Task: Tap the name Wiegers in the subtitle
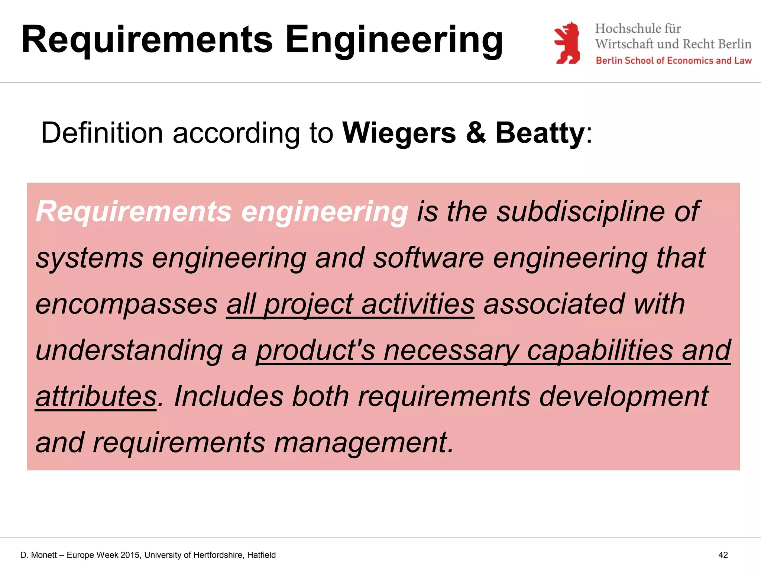[x=399, y=133]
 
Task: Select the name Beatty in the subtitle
[x=540, y=133]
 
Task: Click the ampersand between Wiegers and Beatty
[x=476, y=133]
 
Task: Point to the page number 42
[x=723, y=555]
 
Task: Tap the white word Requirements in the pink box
[x=134, y=211]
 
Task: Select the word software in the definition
[x=428, y=258]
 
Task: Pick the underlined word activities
[x=418, y=304]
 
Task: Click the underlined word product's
[x=315, y=350]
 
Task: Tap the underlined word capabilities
[x=600, y=350]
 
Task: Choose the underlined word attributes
[x=96, y=396]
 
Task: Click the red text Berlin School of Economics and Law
[x=673, y=61]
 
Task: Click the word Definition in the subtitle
[x=102, y=133]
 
